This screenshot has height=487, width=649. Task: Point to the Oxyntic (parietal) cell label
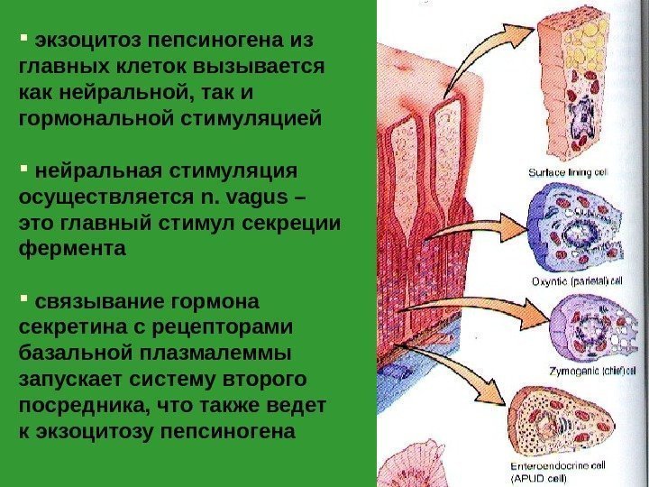577,280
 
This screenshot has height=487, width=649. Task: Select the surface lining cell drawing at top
574,90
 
